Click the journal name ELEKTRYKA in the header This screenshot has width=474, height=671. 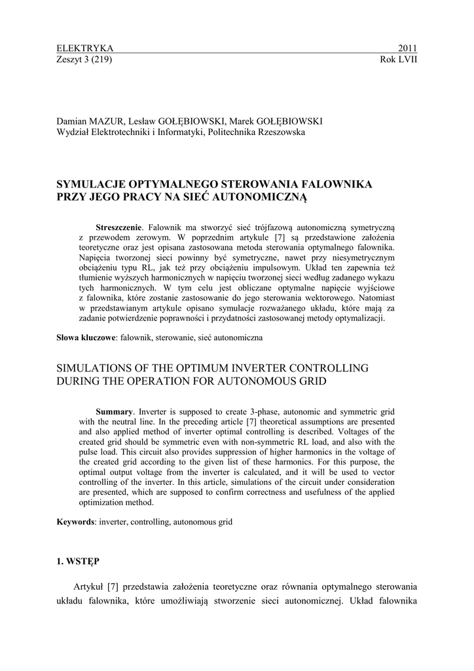point(85,48)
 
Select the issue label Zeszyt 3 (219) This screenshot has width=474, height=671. point(85,60)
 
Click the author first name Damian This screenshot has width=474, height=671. point(72,122)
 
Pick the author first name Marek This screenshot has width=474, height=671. point(244,122)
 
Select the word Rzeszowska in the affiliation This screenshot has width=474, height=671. point(282,132)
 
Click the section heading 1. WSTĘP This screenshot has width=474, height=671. point(78,562)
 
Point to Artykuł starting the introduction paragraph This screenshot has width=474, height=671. point(90,586)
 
